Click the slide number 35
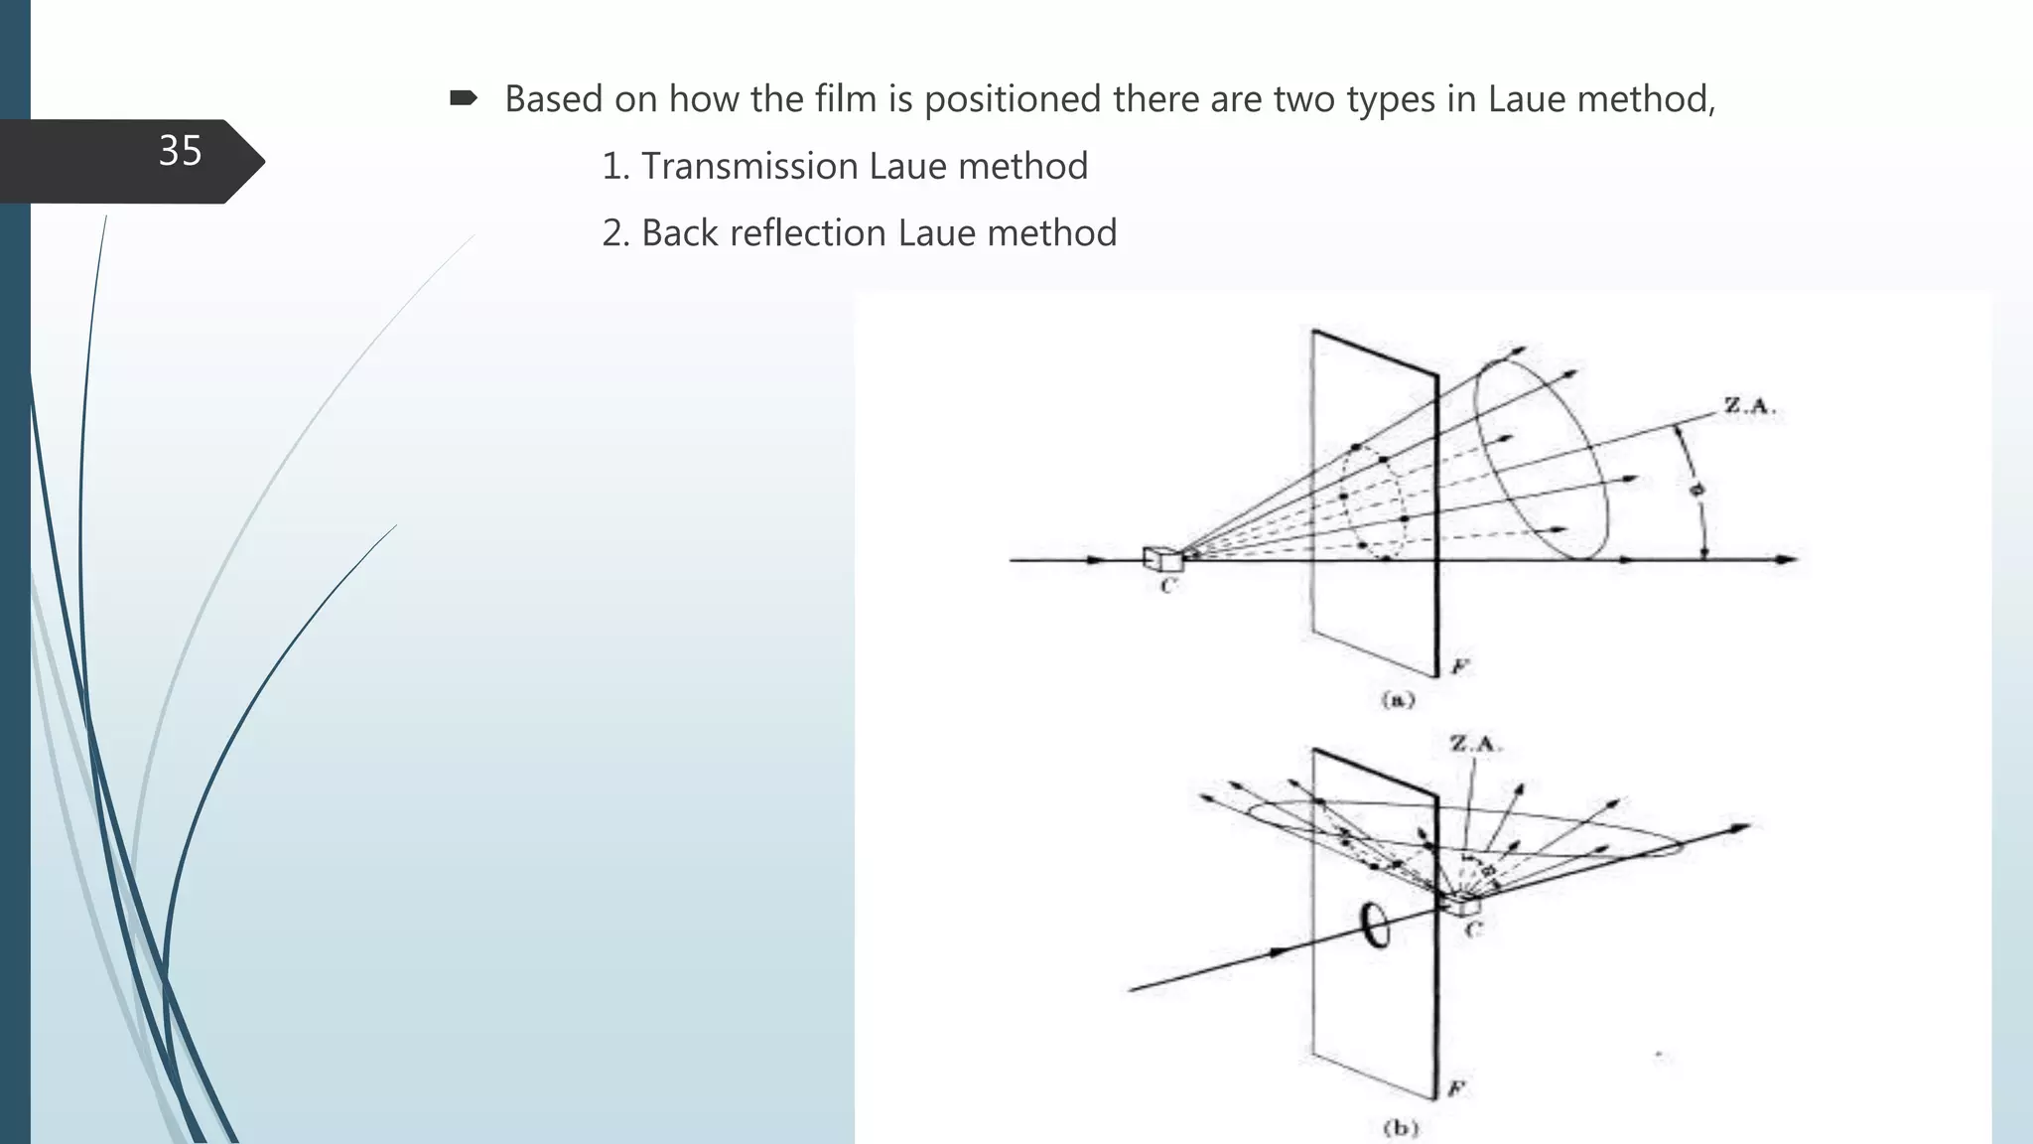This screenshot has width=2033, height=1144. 180,151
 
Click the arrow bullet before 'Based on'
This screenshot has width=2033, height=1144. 463,98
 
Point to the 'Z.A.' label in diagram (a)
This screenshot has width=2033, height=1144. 1749,406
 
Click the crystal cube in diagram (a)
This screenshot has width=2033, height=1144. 1162,559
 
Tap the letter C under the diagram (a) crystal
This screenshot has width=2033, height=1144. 1167,586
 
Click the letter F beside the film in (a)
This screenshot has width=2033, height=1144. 1458,666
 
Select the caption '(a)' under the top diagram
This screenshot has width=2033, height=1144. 1398,700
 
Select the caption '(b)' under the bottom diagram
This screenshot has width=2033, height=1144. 1400,1128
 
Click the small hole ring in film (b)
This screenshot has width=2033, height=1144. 1376,926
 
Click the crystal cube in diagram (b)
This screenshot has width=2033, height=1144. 1460,904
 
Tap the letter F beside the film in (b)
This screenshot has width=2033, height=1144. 1456,1088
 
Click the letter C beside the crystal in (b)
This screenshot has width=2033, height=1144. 1474,929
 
